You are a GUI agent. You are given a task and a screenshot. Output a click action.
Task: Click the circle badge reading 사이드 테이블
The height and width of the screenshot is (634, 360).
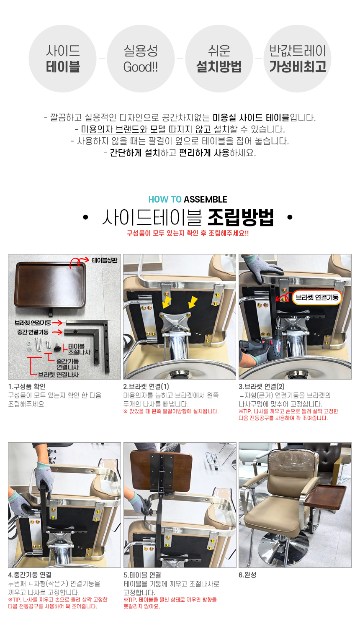(62, 59)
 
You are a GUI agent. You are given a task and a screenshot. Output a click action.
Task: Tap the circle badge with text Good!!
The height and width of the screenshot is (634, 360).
(141, 59)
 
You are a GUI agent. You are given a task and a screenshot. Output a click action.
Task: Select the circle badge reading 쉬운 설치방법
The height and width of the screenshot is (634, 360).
(219, 59)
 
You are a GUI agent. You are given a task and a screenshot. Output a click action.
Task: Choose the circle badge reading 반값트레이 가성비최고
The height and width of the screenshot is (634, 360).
(298, 59)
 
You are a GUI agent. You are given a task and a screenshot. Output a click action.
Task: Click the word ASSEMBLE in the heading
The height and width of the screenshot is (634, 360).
(206, 199)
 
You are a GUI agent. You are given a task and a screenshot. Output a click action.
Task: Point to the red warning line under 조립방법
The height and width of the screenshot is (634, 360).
(188, 233)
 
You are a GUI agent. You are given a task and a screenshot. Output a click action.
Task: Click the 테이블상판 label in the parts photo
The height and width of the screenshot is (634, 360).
(104, 260)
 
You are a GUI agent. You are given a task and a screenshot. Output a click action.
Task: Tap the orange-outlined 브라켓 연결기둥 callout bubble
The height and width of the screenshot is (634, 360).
(317, 297)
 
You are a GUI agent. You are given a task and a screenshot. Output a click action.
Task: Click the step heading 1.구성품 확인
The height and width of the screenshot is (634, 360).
(27, 386)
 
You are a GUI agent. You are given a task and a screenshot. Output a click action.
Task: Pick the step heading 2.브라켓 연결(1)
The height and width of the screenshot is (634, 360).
(146, 386)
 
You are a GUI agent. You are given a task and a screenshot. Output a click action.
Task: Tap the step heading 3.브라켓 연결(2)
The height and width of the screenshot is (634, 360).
(262, 386)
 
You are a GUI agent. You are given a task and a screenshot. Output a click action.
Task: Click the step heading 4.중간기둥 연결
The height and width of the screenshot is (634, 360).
(30, 575)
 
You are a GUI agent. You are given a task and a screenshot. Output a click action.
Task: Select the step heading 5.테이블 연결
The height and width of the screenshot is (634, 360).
(142, 575)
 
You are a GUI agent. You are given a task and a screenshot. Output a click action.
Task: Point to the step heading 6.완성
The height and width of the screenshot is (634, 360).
(247, 575)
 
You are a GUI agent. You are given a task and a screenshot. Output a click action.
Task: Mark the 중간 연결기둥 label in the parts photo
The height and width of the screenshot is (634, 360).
(33, 332)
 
